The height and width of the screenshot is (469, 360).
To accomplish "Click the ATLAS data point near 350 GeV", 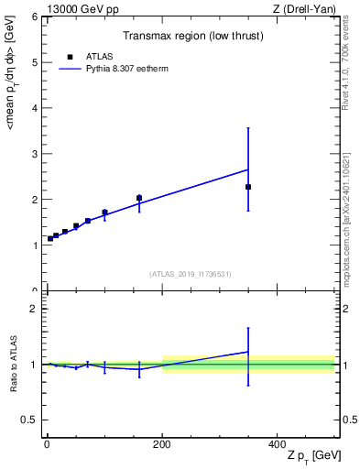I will pos(248,187).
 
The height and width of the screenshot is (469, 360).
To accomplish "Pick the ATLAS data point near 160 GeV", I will pos(139,198).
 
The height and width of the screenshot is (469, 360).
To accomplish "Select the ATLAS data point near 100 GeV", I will pos(104,213).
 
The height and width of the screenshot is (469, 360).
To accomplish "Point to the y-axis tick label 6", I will pos(34,17).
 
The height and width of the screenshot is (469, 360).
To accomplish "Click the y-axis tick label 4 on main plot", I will pos(34,108).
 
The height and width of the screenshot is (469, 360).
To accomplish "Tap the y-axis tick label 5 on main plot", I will pos(34,62).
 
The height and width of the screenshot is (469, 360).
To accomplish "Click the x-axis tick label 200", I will pos(162,442).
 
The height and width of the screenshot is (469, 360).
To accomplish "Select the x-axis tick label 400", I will pos(278,442).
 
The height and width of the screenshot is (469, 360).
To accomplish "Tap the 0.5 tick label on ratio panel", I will pos(30,420).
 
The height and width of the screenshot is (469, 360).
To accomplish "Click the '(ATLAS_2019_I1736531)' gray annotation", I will pos(191,274).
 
